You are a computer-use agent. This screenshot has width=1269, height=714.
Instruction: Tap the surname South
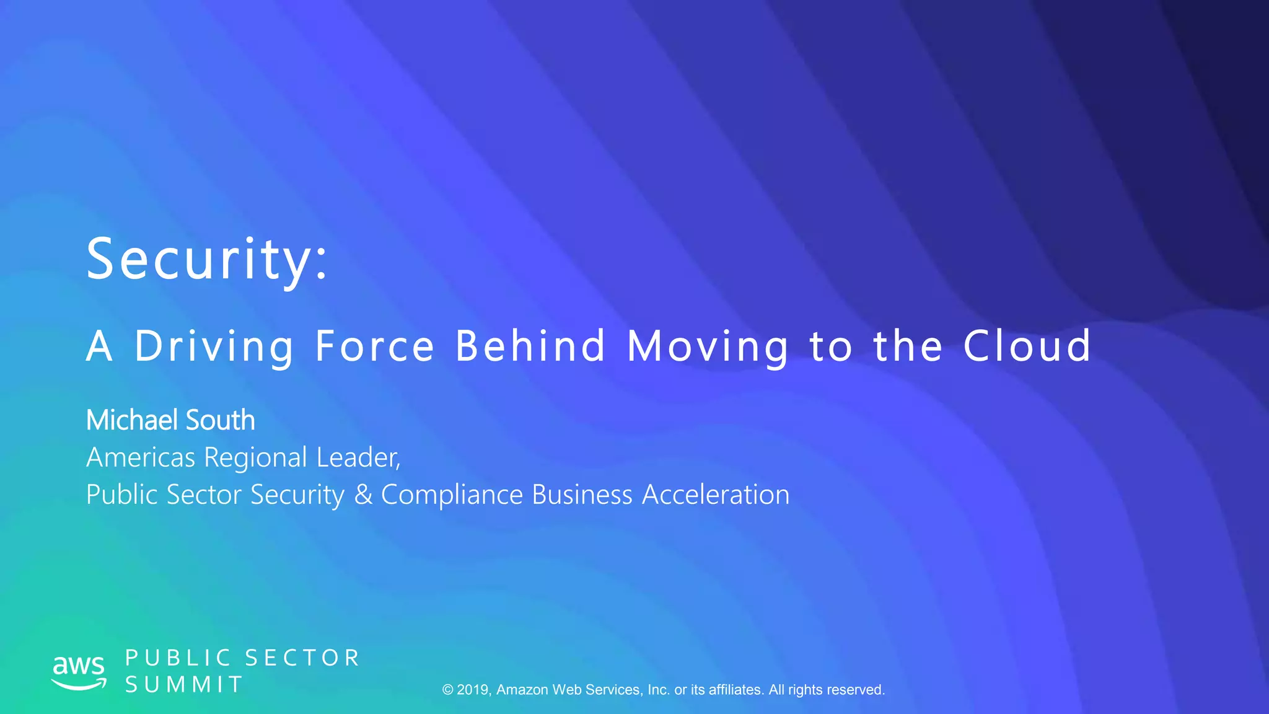pyautogui.click(x=221, y=420)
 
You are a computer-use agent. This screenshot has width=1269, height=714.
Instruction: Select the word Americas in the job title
pyautogui.click(x=141, y=457)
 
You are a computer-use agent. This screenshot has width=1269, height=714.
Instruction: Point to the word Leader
pyautogui.click(x=358, y=457)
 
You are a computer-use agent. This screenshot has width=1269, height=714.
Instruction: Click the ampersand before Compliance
pyautogui.click(x=363, y=495)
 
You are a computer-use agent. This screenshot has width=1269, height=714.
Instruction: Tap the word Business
pyautogui.click(x=582, y=495)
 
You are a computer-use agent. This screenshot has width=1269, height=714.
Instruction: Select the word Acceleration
pyautogui.click(x=716, y=495)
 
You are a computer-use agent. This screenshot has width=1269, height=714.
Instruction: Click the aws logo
pyautogui.click(x=79, y=671)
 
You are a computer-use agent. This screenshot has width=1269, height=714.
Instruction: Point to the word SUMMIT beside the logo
pyautogui.click(x=184, y=685)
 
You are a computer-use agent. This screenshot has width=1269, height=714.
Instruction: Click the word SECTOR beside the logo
pyautogui.click(x=302, y=658)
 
